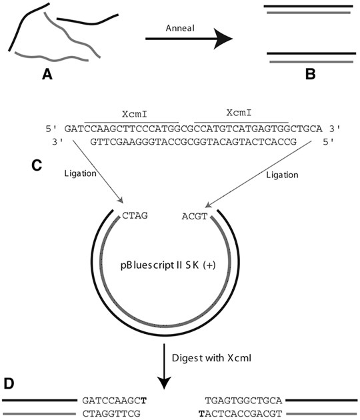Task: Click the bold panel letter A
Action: [x=47, y=75]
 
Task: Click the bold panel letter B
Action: [x=310, y=75]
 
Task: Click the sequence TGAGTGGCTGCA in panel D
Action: [x=244, y=401]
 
